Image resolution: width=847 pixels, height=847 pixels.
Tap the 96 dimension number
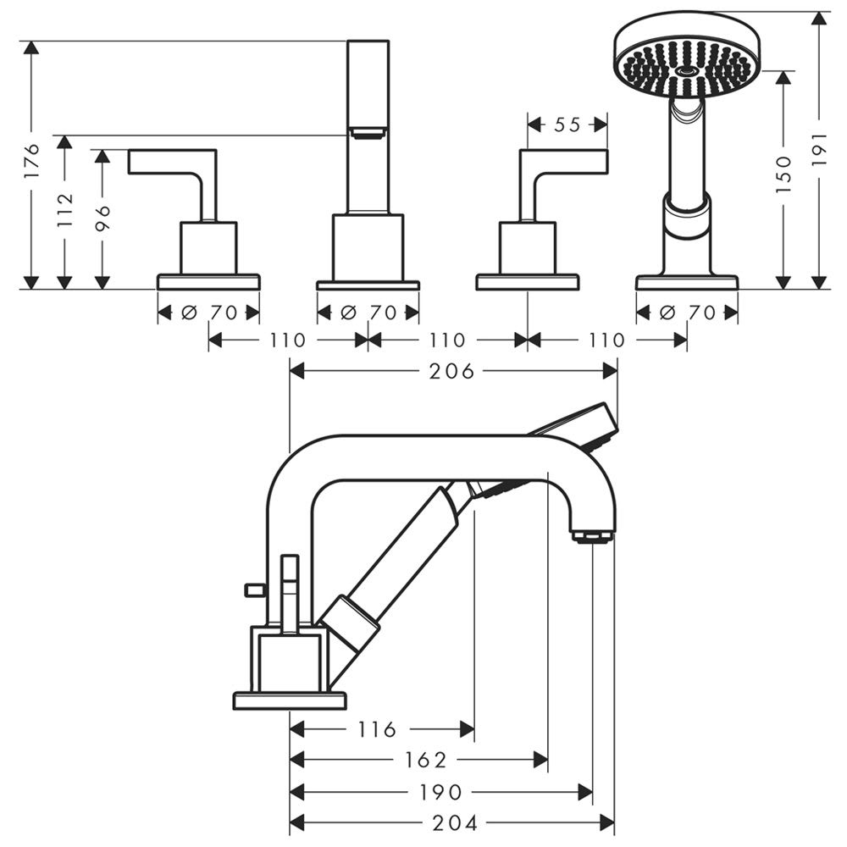tap(102, 218)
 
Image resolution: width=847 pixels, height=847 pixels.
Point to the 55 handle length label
tap(567, 125)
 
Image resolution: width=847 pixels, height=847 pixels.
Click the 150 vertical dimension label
tap(783, 174)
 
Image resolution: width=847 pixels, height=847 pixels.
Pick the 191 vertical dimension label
tap(819, 148)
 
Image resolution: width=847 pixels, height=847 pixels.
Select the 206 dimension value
tap(451, 371)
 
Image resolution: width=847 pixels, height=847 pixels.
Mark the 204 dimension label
tap(455, 822)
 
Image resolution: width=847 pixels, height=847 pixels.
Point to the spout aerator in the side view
tap(593, 537)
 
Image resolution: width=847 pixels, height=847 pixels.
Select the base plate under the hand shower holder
tap(686, 282)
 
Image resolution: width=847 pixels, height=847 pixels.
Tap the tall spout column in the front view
tap(368, 127)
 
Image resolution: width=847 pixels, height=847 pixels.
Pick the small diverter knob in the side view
tap(251, 588)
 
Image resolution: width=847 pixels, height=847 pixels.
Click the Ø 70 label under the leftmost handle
tap(208, 313)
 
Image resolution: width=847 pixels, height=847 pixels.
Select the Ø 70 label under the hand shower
tap(686, 313)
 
